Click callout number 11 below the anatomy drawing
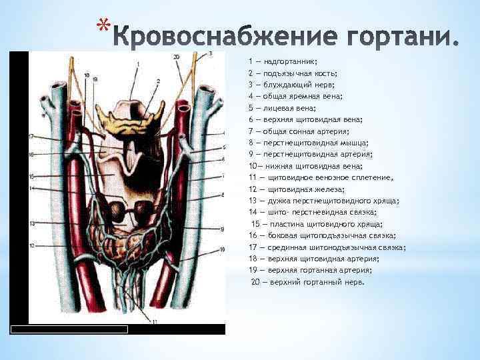coord(154,321)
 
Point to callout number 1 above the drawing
coord(138,65)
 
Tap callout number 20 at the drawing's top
coord(176,57)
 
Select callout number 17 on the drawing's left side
coord(32,136)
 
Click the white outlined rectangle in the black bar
coord(69,329)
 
